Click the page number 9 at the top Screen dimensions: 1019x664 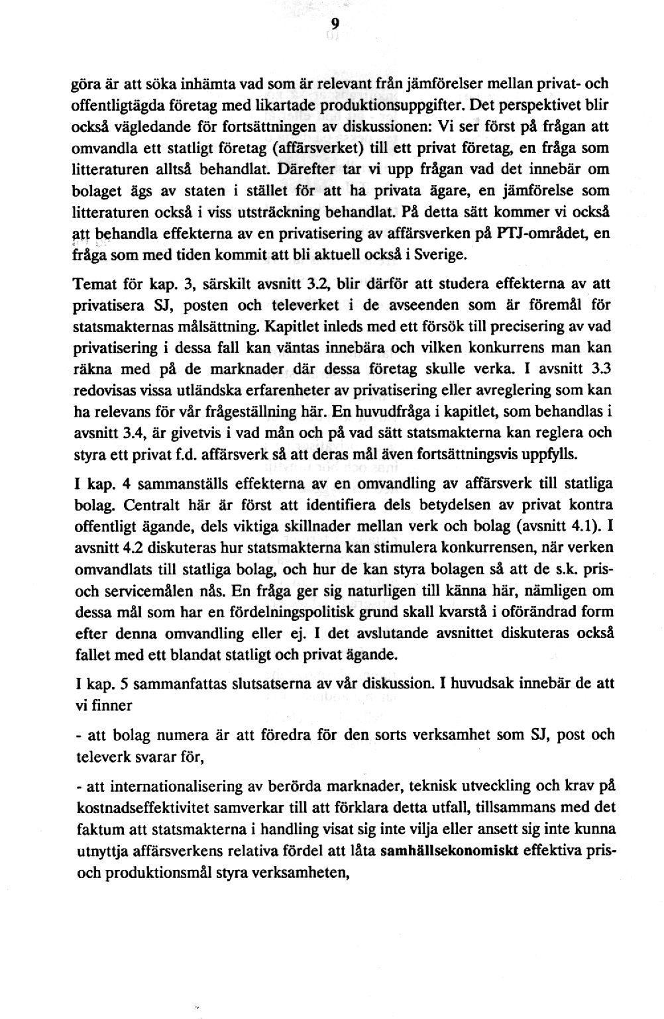tap(335, 25)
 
